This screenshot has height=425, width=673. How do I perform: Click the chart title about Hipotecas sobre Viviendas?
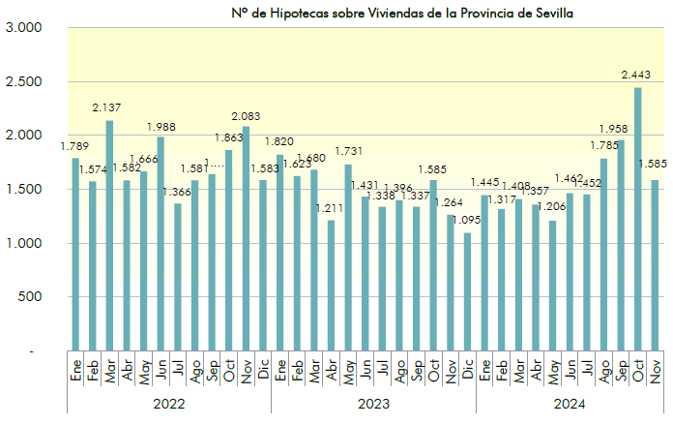click(x=395, y=14)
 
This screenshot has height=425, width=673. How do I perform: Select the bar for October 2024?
click(x=638, y=219)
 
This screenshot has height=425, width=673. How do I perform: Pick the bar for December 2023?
click(x=468, y=291)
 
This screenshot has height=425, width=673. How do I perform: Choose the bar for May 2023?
click(x=348, y=257)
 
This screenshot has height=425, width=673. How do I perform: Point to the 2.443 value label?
click(x=635, y=75)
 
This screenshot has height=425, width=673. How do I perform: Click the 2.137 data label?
click(x=106, y=107)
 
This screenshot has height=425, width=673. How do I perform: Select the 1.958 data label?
click(x=619, y=128)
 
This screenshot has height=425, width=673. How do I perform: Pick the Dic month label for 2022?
click(x=263, y=371)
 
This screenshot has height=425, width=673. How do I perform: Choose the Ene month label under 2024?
click(x=484, y=371)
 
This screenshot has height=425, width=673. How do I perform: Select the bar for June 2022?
click(x=161, y=243)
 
